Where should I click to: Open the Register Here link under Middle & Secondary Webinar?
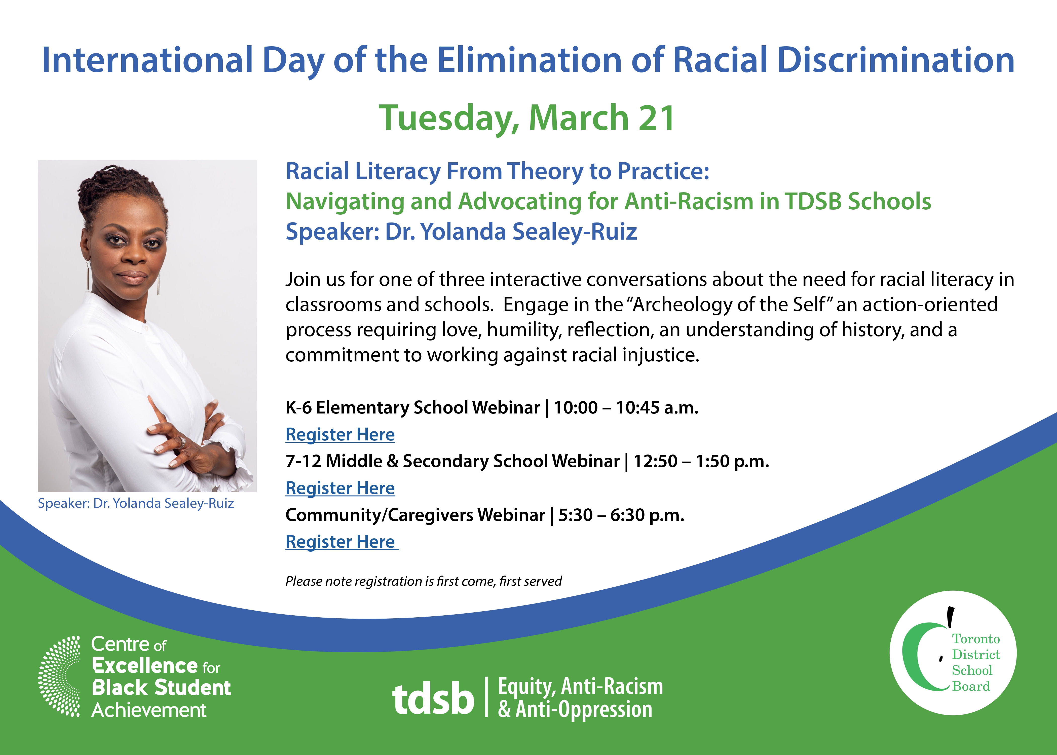340,488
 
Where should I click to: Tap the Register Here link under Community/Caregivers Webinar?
341,542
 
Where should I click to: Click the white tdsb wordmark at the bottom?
433,698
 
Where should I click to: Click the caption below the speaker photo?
136,504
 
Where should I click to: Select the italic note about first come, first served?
424,581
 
